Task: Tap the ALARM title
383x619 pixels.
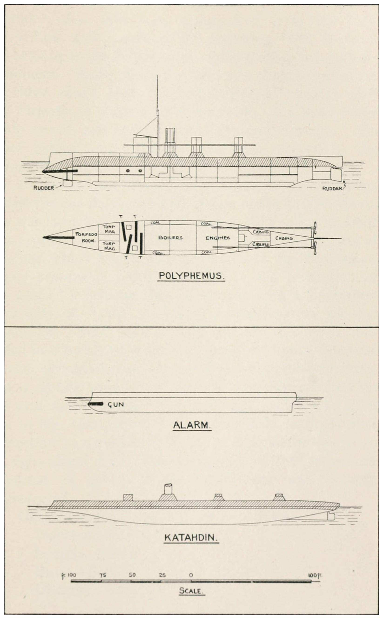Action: tap(192, 425)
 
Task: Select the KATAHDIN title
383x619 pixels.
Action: tap(191, 538)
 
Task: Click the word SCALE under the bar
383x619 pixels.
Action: tap(192, 591)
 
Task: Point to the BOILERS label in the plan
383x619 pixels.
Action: tap(170, 238)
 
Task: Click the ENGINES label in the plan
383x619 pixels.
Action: tap(218, 238)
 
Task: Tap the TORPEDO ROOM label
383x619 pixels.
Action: tap(86, 237)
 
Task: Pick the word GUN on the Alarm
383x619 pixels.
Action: tap(116, 404)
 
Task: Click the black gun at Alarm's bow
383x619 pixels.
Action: tap(95, 404)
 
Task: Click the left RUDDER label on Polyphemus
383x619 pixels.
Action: tap(44, 188)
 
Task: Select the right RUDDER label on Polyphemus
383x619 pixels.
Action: tap(332, 189)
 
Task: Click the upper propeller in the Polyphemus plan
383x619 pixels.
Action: tap(315, 228)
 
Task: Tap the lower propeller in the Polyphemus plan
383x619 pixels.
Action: tap(315, 248)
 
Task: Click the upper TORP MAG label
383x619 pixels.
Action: tap(109, 229)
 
